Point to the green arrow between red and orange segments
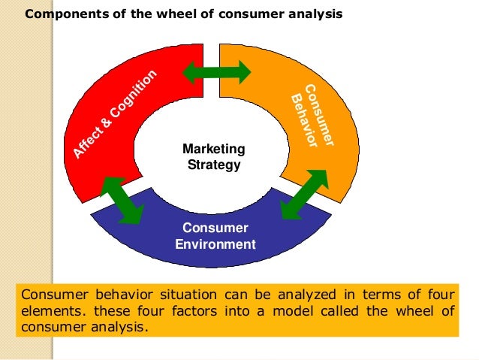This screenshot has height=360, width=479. click(x=217, y=72)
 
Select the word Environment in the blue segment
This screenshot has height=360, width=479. click(x=215, y=244)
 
